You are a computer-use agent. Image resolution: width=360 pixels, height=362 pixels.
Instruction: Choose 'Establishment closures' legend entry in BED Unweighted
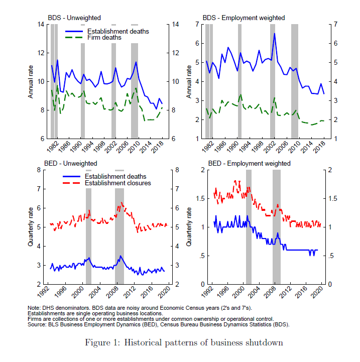[x=118, y=183]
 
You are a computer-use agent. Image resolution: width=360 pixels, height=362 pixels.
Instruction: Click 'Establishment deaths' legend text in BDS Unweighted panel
[x=118, y=31]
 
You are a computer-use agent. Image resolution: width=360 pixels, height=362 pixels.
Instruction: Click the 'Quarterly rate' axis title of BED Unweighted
[x=32, y=227]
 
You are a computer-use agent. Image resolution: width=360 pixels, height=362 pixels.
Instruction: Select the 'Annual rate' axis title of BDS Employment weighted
[x=188, y=82]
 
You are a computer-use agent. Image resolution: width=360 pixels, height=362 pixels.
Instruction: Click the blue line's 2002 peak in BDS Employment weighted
[x=274, y=34]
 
